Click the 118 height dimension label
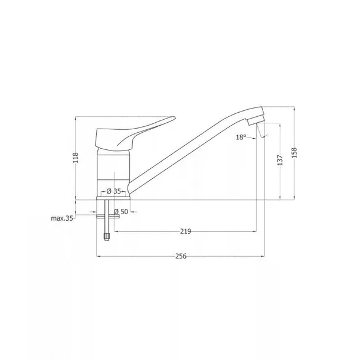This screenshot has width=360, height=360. click(75, 158)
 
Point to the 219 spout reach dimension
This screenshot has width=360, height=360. click(185, 232)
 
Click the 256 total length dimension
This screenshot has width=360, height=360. click(181, 256)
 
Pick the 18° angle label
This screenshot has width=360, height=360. click(241, 137)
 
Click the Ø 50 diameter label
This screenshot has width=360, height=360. click(121, 211)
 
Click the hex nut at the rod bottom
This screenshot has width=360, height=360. click(107, 236)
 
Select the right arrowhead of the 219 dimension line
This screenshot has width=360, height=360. click(255, 232)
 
